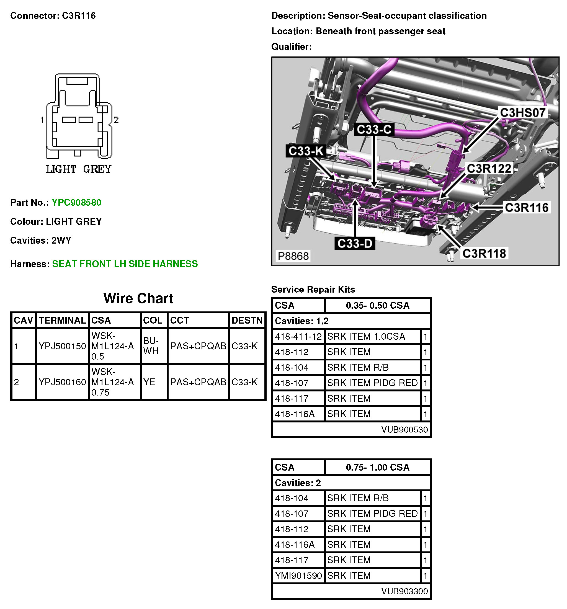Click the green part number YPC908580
[x=76, y=202]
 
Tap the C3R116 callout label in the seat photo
[x=526, y=208]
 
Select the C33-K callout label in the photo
[x=306, y=151]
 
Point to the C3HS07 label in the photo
[x=522, y=113]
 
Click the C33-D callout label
[x=354, y=244]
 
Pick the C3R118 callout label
[x=484, y=254]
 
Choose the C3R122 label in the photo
[x=489, y=169]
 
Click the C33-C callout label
[x=374, y=129]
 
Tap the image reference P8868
[x=293, y=256]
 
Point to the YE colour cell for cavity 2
[x=149, y=382]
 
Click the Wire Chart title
[x=138, y=298]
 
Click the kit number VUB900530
[x=404, y=430]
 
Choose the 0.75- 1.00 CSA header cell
[x=377, y=467]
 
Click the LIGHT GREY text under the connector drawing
[x=78, y=169]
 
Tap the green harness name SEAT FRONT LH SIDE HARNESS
[x=125, y=264]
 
